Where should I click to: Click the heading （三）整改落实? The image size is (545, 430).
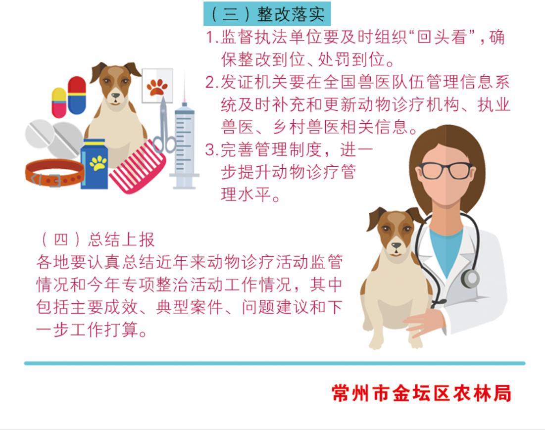click(x=267, y=14)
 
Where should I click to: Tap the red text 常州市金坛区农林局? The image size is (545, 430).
click(x=421, y=393)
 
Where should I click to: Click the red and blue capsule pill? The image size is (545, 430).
click(x=77, y=95)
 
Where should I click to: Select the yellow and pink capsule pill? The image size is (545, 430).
click(x=59, y=103)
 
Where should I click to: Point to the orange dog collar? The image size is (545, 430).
click(x=54, y=173)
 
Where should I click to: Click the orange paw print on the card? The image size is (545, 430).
click(x=157, y=87)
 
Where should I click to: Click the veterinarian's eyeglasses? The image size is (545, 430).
click(x=445, y=170)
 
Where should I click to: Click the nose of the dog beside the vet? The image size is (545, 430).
click(x=396, y=245)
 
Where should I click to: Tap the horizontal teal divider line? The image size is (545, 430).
click(x=275, y=363)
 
